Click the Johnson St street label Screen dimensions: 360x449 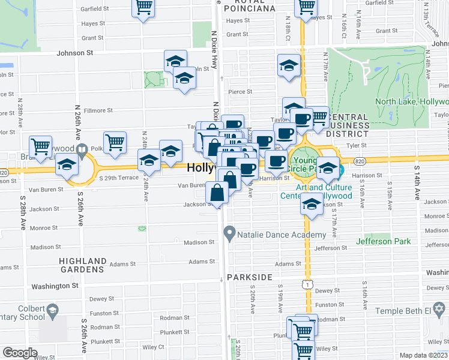(x=75, y=53)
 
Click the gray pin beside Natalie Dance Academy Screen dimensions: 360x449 (x=229, y=232)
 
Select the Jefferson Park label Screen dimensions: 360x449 (x=383, y=241)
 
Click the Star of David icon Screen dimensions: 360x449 (x=439, y=310)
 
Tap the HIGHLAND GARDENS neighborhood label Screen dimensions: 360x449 (x=83, y=266)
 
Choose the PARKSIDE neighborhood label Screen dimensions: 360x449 (x=250, y=277)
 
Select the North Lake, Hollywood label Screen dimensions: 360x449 (x=412, y=101)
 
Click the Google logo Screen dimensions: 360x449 (x=20, y=353)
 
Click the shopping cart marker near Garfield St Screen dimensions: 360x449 (x=143, y=7)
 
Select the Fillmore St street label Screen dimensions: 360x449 (x=98, y=110)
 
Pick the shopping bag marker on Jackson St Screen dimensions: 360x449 (x=217, y=193)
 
